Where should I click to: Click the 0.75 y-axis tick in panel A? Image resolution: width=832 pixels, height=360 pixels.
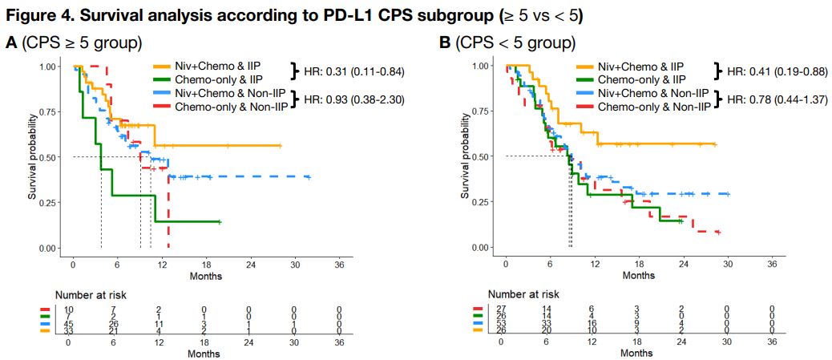(48, 111)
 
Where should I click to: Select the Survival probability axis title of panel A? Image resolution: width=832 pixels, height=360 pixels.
(34, 157)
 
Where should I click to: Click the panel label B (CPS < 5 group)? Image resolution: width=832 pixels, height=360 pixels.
(518, 43)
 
